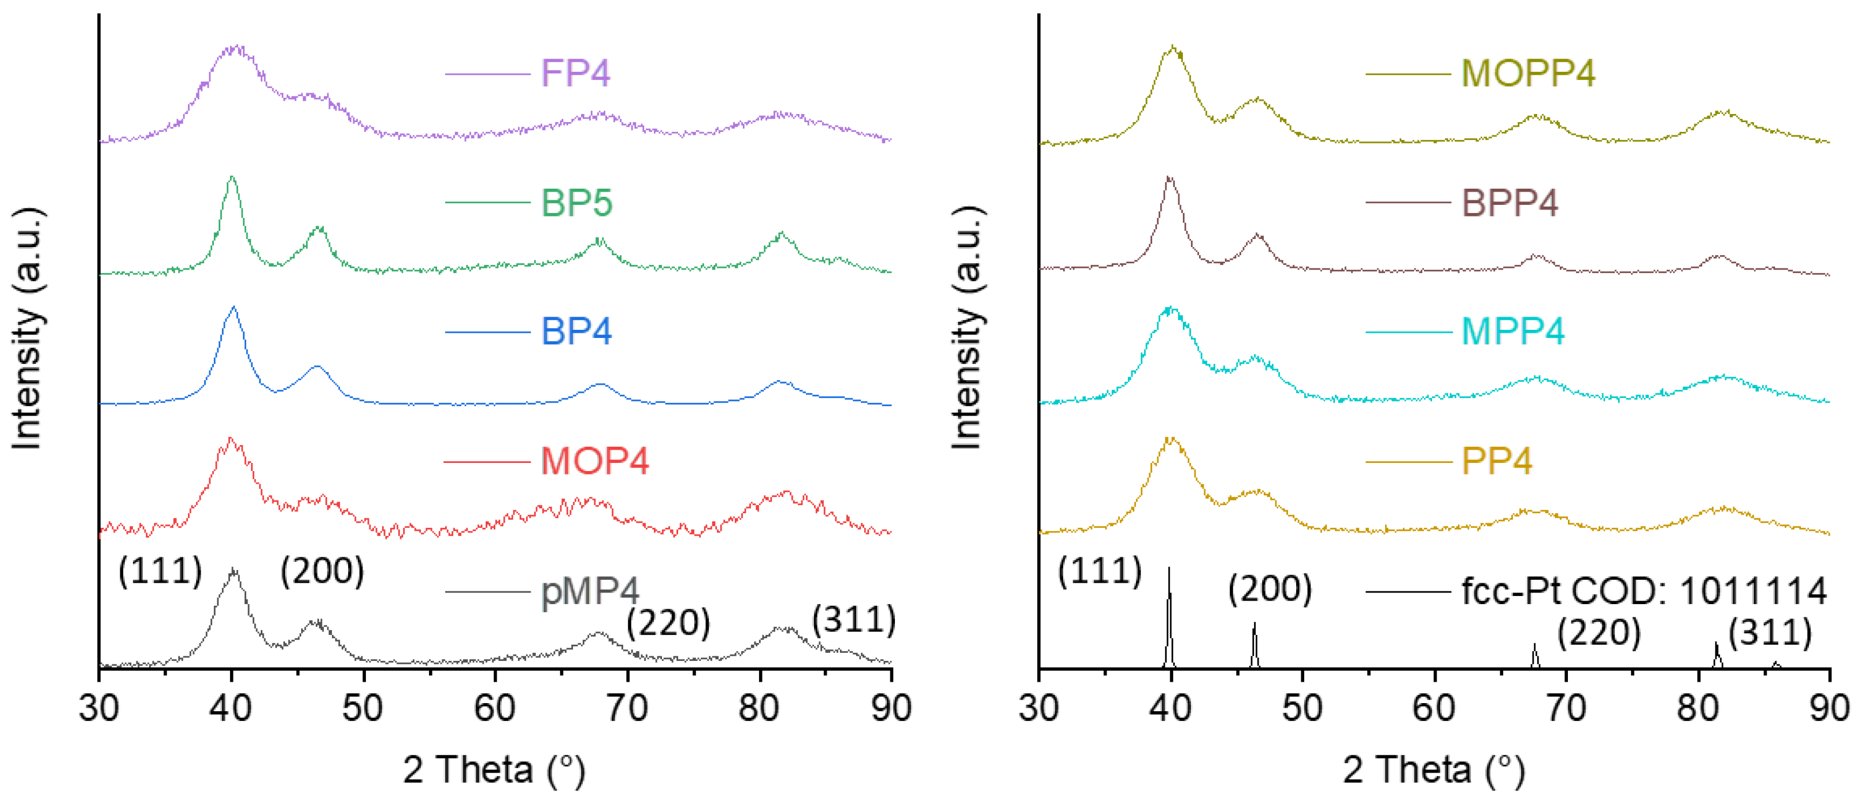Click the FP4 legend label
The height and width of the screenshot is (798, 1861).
(575, 73)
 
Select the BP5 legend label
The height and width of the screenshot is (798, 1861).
(576, 203)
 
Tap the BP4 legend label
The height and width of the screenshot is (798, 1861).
(576, 332)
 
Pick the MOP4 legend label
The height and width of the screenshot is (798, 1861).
(594, 461)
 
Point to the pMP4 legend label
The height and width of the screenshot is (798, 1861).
(590, 591)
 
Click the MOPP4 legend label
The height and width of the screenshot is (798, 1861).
(1528, 73)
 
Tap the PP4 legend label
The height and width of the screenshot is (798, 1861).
(1496, 461)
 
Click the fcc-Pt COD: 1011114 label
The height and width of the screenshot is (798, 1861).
(1644, 591)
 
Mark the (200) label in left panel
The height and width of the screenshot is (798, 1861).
(322, 571)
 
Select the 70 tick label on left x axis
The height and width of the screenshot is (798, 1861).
(627, 708)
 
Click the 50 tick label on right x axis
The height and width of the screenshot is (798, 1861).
(1302, 708)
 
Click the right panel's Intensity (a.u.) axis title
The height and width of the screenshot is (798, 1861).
(966, 329)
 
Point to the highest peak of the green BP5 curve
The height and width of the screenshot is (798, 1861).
(231, 178)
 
